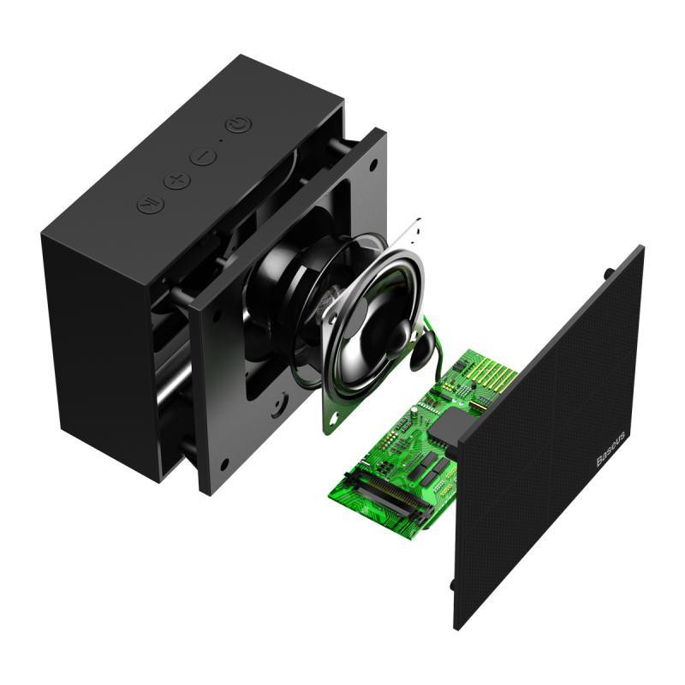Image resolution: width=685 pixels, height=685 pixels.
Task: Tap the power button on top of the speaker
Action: (x=238, y=125)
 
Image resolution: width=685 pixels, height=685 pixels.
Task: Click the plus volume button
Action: (x=176, y=181)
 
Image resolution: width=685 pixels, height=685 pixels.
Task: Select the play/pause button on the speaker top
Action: (x=147, y=205)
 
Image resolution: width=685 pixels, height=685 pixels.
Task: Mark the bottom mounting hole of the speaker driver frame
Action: (x=330, y=419)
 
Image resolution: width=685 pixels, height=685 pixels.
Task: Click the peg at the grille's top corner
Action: (x=609, y=273)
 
